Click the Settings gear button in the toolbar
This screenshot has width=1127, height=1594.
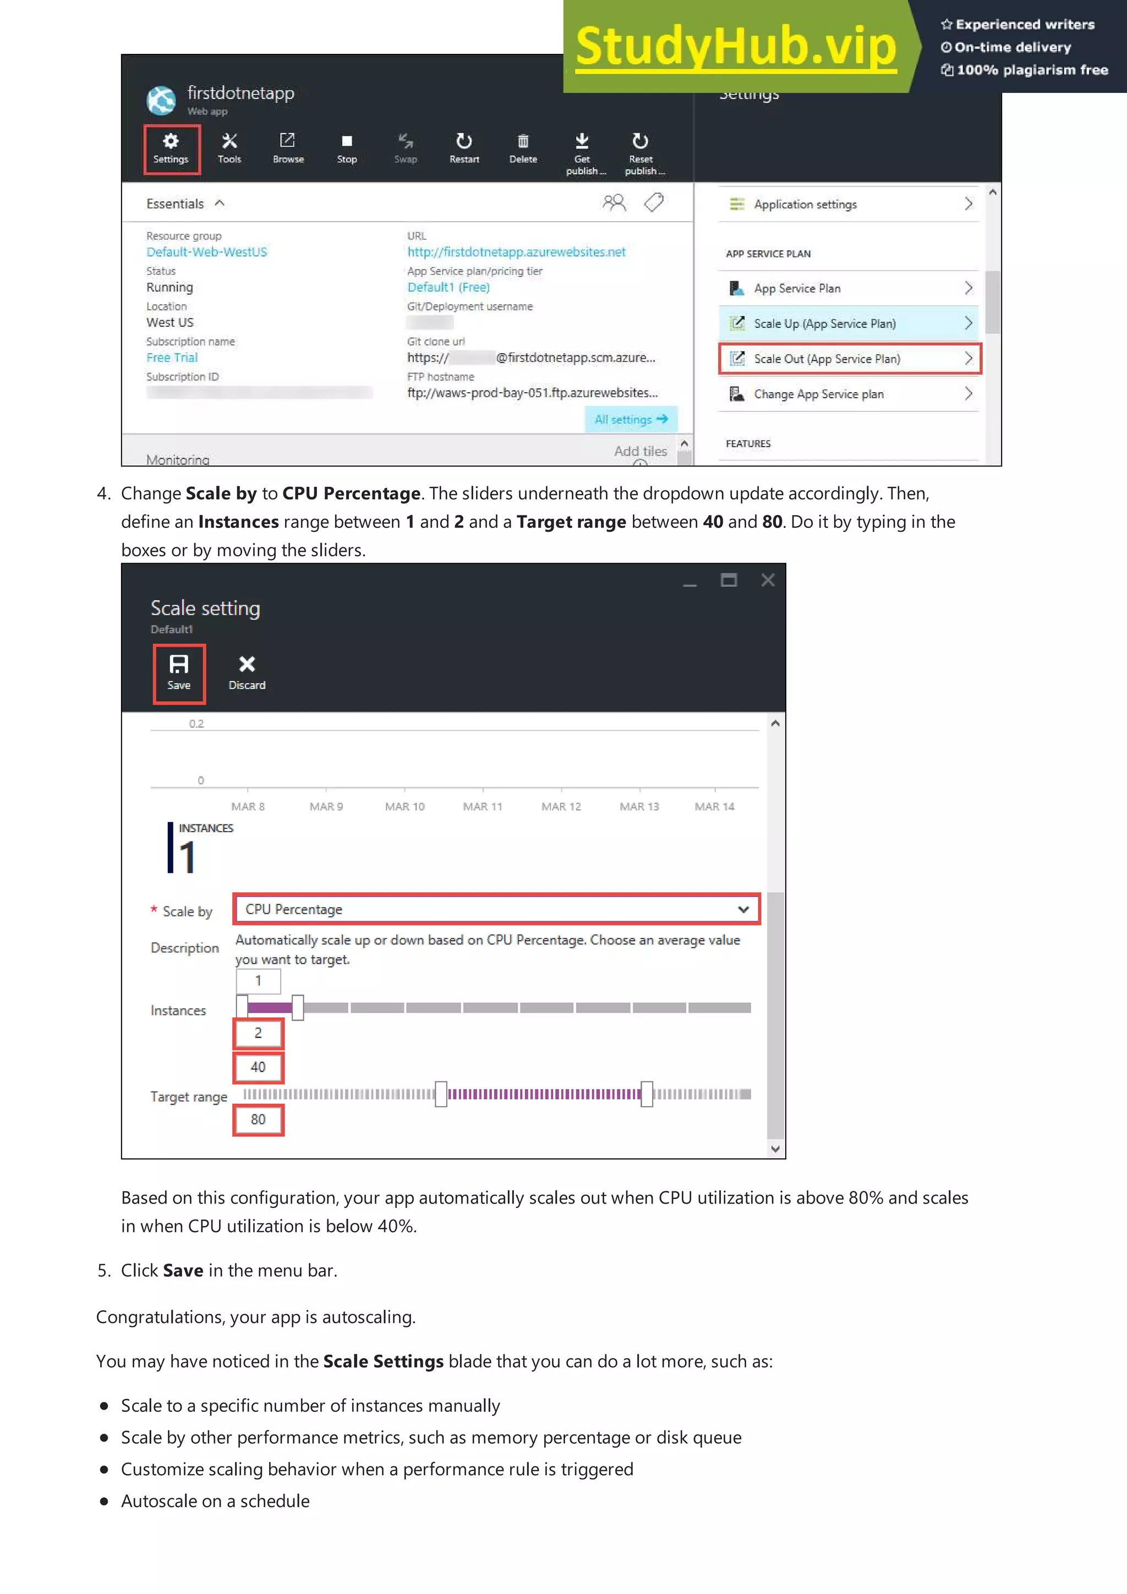tap(171, 148)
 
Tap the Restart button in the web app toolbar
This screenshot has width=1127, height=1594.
tap(464, 148)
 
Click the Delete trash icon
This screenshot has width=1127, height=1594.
tap(523, 148)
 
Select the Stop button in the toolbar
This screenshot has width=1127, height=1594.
tap(347, 148)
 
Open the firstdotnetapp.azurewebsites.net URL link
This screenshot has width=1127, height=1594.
tap(516, 252)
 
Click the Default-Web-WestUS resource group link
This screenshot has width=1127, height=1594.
tap(206, 252)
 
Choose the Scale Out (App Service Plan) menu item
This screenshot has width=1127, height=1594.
tap(849, 359)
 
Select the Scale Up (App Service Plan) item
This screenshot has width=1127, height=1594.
tap(849, 323)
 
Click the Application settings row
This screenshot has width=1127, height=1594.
tap(849, 204)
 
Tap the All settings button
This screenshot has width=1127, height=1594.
tap(631, 419)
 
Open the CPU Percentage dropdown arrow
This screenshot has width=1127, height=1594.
tap(743, 909)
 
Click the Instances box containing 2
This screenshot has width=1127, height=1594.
tap(258, 1033)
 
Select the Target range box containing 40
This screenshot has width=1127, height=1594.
tap(258, 1067)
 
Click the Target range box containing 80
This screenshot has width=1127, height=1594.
tap(258, 1119)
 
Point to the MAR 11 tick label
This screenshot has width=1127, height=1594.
tap(483, 807)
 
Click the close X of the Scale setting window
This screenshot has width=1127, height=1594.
tap(767, 580)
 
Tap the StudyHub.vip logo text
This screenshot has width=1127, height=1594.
tap(736, 47)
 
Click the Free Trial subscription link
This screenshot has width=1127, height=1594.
tap(172, 358)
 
